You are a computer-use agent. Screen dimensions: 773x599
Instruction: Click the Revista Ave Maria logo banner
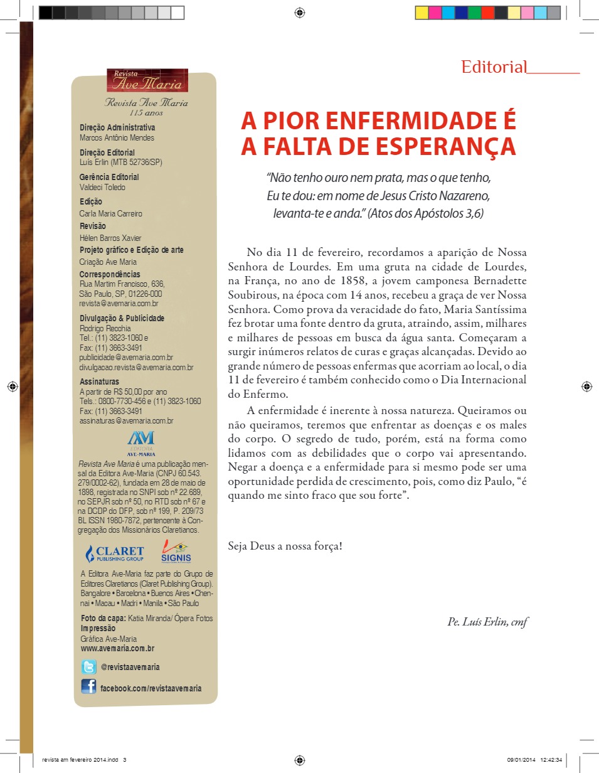(147, 80)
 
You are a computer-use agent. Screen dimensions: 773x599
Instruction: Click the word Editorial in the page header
(493, 67)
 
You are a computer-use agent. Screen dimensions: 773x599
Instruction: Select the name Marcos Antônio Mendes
(117, 138)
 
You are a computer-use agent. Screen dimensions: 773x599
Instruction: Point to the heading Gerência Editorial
(109, 177)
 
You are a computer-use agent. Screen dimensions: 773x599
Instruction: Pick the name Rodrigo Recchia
(105, 328)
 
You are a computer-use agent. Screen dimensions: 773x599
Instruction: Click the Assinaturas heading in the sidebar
(99, 381)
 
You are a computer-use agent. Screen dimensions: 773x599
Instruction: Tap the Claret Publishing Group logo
(115, 553)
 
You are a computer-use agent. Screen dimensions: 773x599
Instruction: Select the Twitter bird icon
(88, 667)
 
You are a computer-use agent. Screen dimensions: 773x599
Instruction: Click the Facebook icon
(88, 688)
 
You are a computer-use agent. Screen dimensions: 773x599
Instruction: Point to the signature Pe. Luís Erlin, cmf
(487, 622)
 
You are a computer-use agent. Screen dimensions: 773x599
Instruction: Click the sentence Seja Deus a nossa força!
(285, 546)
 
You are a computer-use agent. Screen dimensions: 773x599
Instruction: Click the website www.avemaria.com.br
(117, 648)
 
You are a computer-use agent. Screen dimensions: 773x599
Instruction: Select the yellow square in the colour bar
(421, 13)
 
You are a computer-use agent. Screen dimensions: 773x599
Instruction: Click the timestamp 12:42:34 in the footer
(550, 760)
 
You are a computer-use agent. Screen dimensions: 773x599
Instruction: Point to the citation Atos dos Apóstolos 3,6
(425, 213)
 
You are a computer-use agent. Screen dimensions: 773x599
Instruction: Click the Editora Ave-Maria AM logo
(140, 442)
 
